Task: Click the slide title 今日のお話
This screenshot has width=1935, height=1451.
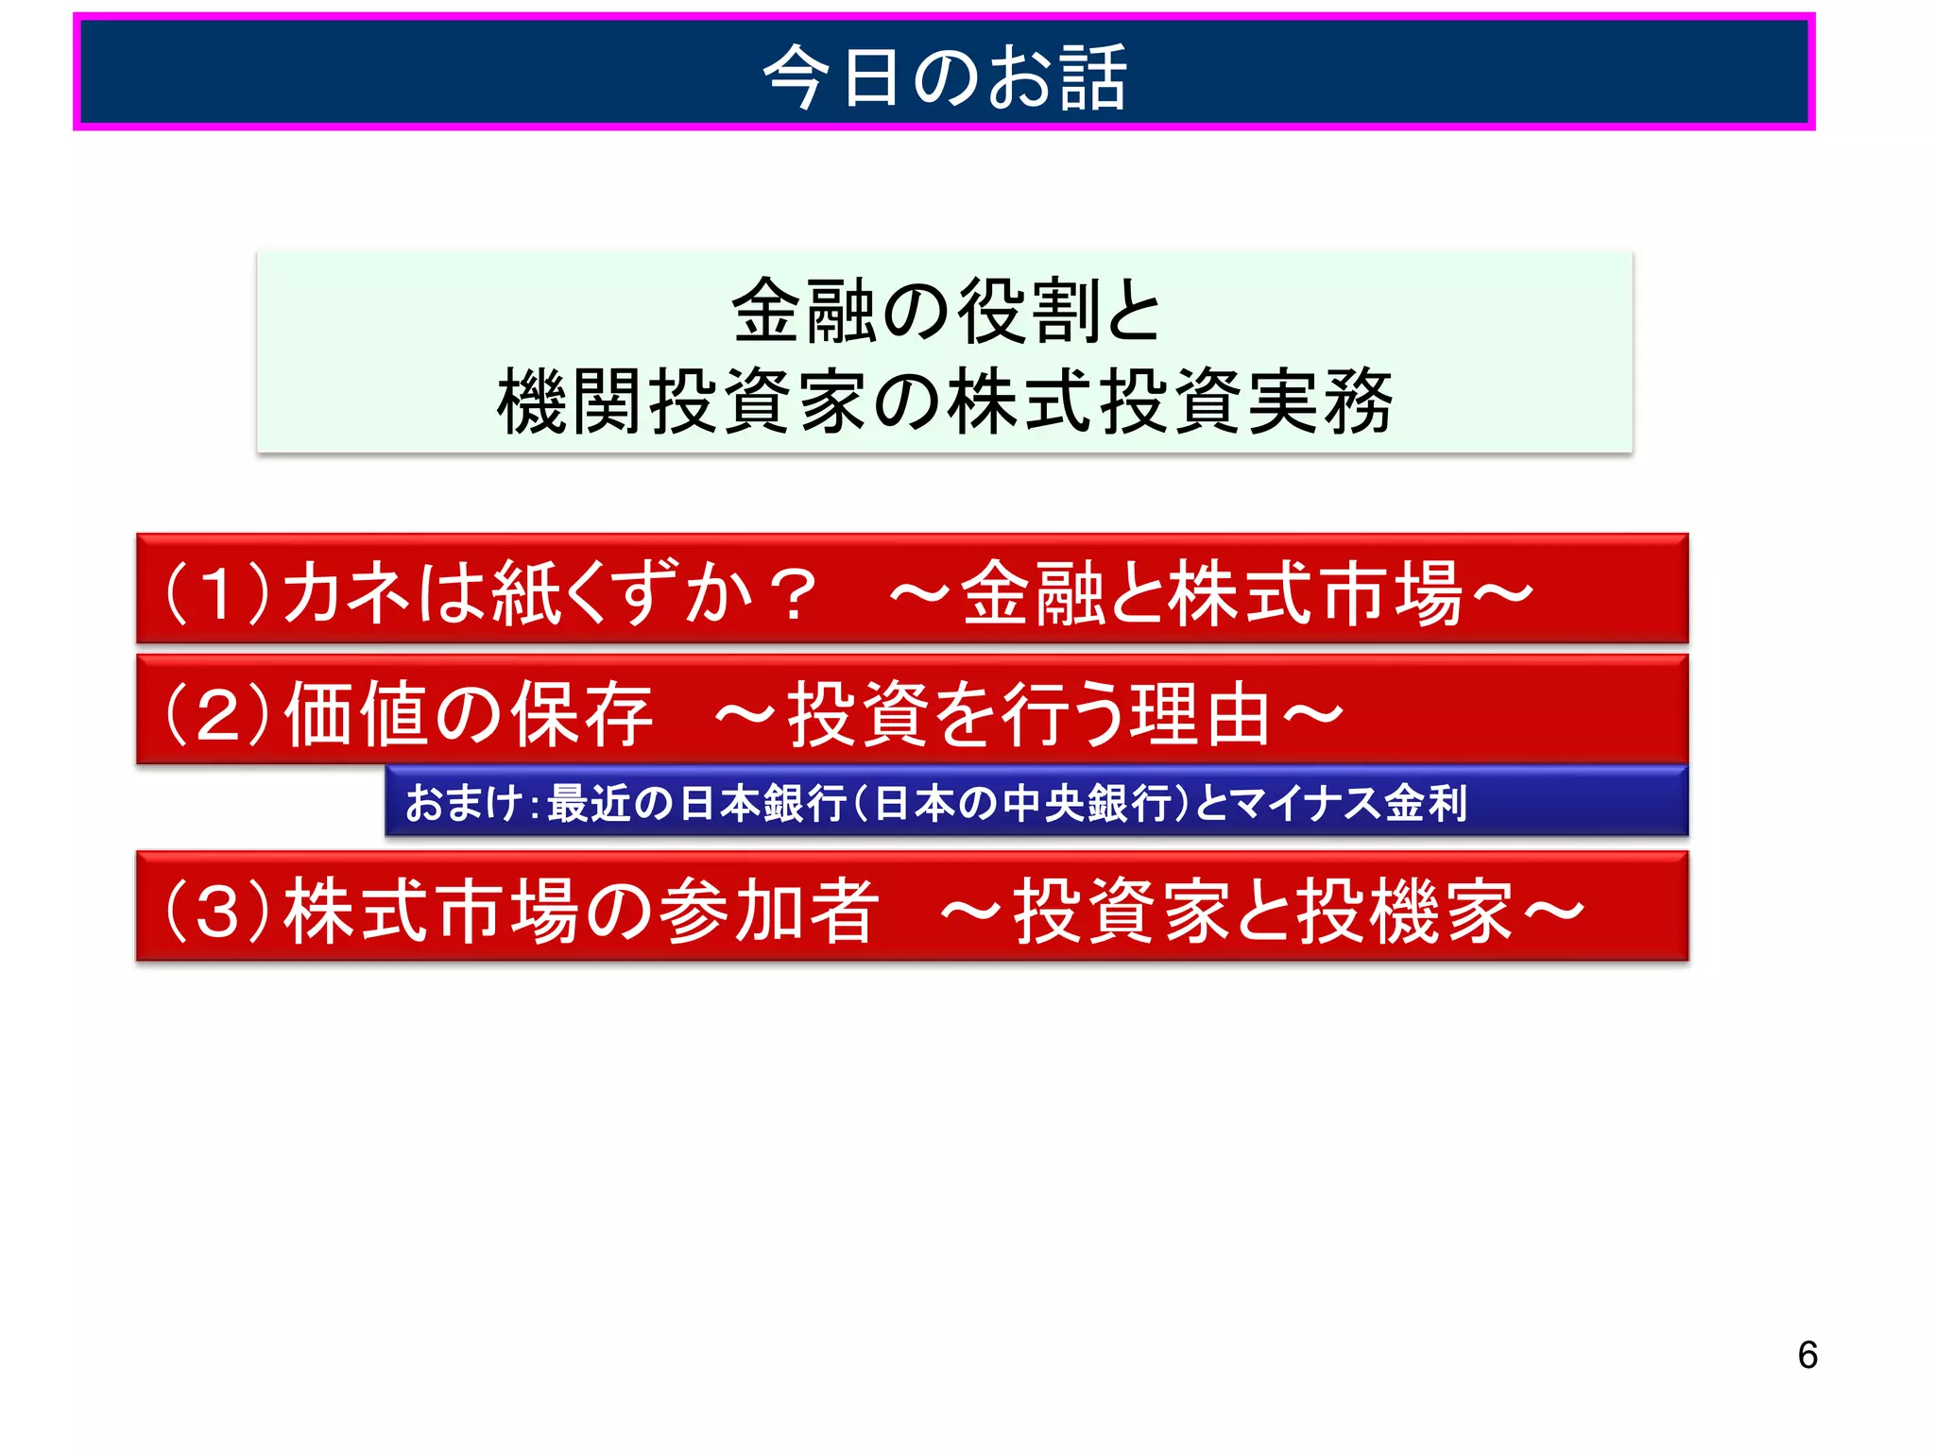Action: click(x=944, y=77)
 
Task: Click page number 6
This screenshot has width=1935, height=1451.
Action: click(x=1807, y=1356)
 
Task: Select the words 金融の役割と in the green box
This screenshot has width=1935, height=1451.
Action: click(x=945, y=311)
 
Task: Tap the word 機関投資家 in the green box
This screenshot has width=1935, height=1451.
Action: click(x=681, y=401)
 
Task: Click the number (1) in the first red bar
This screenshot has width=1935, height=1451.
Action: click(x=217, y=593)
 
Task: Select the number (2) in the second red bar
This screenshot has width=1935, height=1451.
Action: click(x=217, y=714)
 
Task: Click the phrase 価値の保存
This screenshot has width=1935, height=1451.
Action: click(x=468, y=714)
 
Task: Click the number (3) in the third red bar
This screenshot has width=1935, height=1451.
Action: click(x=217, y=911)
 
